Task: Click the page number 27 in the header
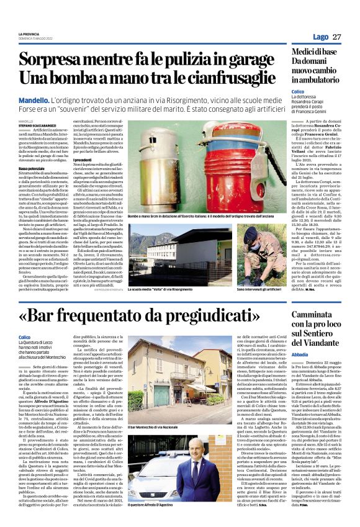pyautogui.click(x=336, y=37)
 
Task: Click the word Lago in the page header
pyautogui.click(x=321, y=37)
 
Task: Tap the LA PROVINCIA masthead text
pyautogui.click(x=29, y=33)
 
